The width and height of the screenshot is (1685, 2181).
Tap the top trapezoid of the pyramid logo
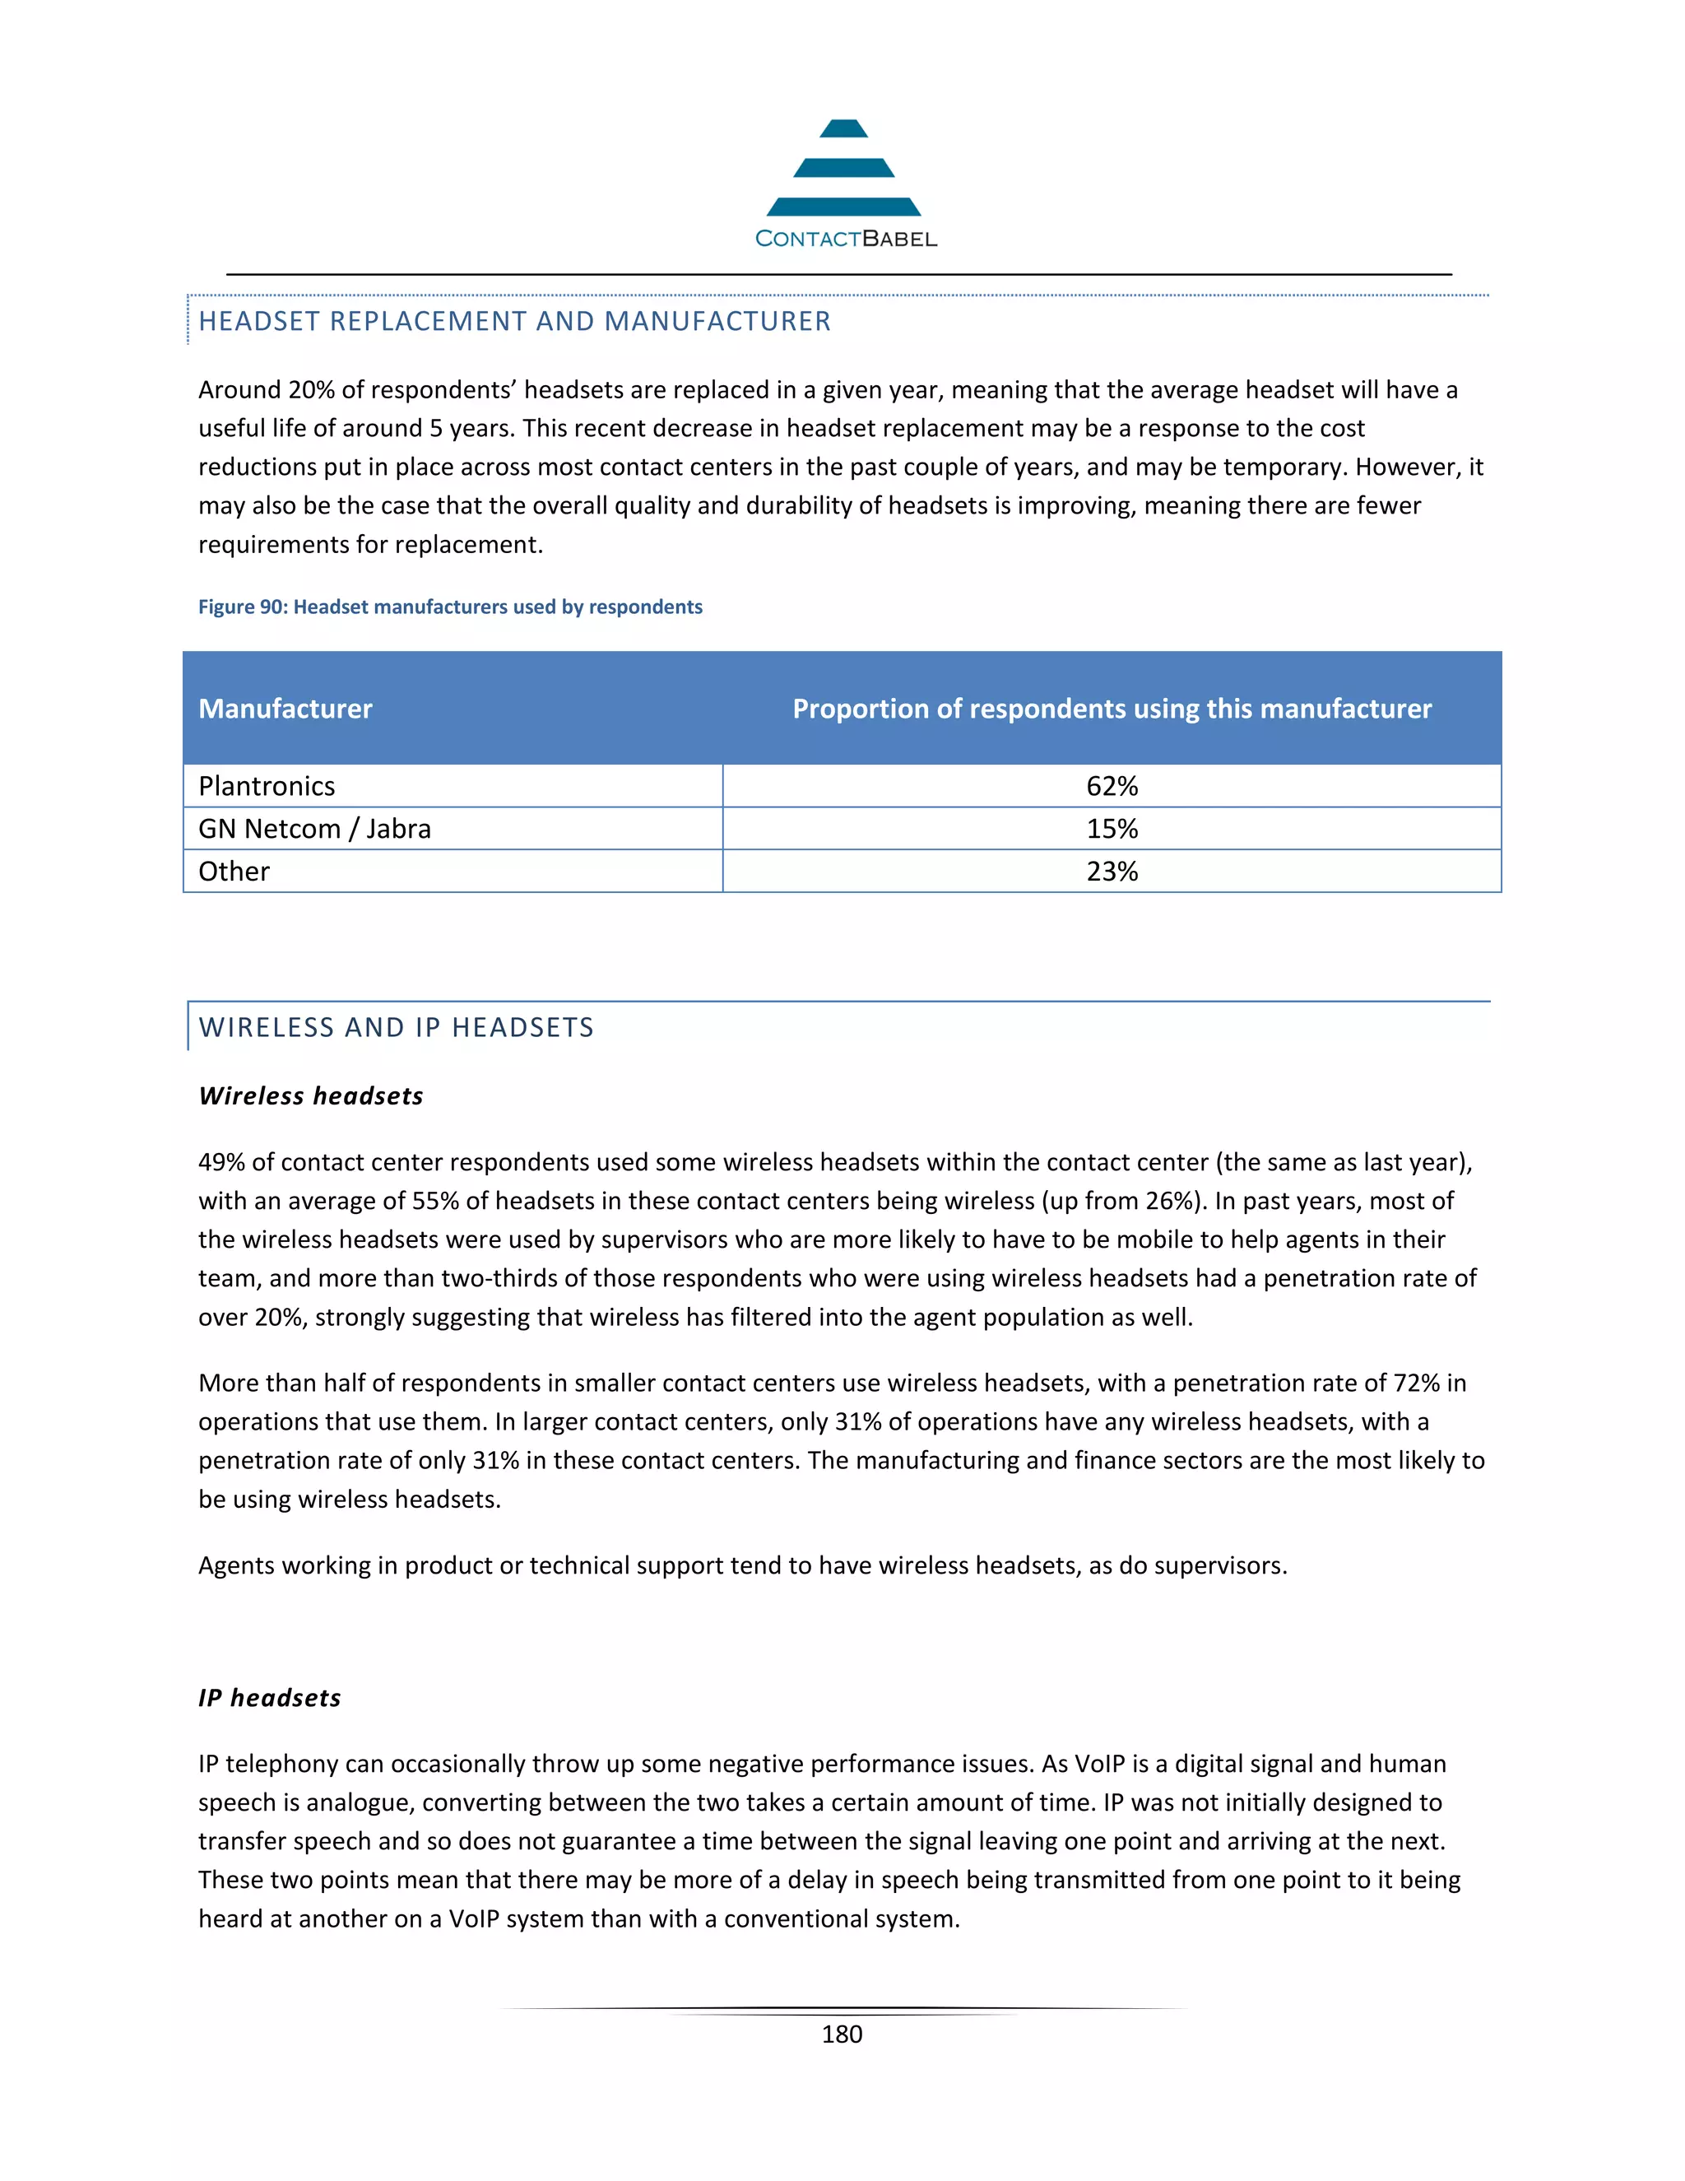coord(843,129)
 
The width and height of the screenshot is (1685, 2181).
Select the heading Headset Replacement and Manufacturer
coord(514,322)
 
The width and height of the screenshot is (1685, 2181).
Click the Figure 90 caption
coord(449,607)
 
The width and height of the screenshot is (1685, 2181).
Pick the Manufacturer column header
coord(285,709)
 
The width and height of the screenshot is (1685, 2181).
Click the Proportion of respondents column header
coord(1111,709)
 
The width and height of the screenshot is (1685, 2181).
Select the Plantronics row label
coord(267,787)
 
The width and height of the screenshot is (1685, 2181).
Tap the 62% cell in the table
coord(1111,787)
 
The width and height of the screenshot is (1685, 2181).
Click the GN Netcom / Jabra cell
coord(314,829)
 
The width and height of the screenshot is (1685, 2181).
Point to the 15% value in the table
coord(1111,829)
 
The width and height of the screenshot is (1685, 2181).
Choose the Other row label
coord(234,872)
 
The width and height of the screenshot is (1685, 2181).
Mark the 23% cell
coord(1111,872)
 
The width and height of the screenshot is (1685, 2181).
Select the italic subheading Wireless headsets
coord(310,1096)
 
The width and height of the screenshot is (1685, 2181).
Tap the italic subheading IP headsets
coord(270,1699)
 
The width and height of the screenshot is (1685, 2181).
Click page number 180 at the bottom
coord(842,2035)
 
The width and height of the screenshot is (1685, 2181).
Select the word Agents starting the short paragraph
coord(234,1566)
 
